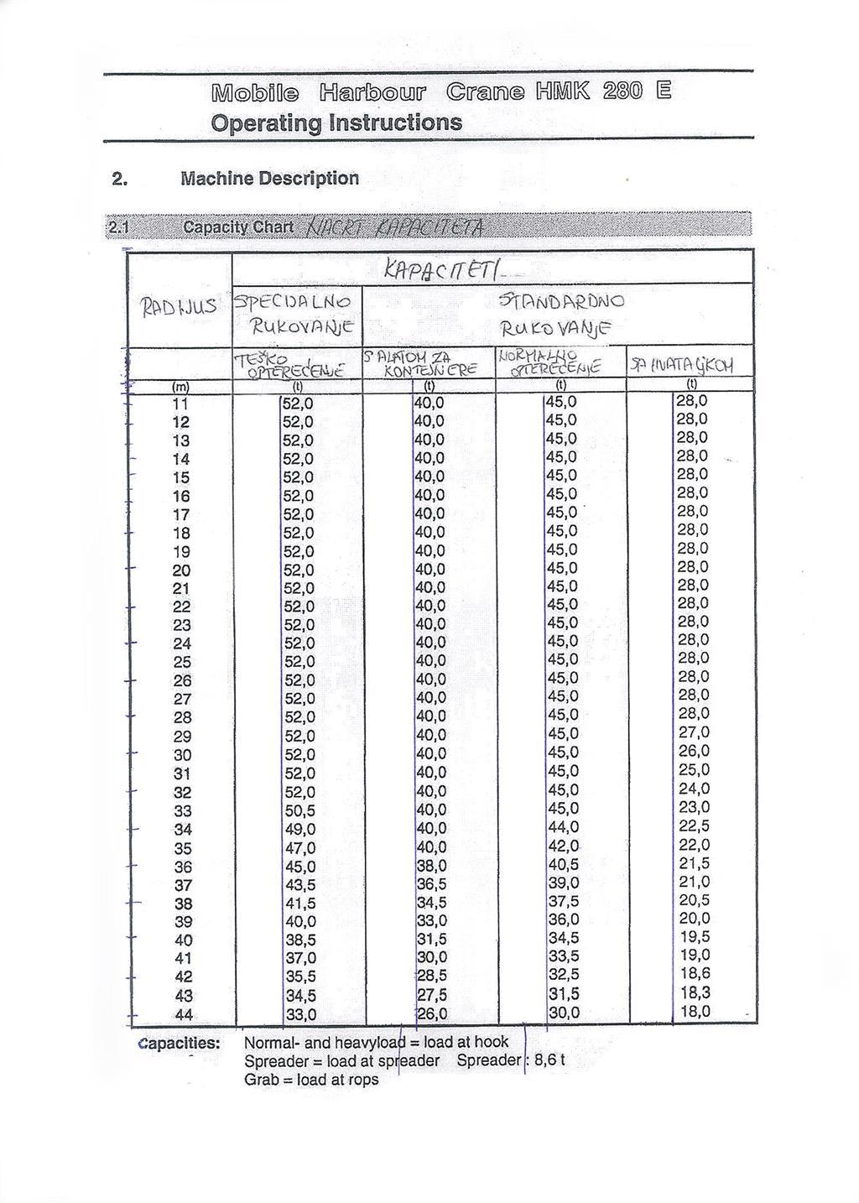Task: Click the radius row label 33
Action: tap(182, 811)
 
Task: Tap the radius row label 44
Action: tap(183, 1015)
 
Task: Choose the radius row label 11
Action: tap(180, 404)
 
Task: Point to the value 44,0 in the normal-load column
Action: tap(563, 828)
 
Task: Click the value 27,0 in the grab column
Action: tap(694, 732)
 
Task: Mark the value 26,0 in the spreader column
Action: tap(432, 1013)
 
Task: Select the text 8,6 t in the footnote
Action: tap(549, 1060)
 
